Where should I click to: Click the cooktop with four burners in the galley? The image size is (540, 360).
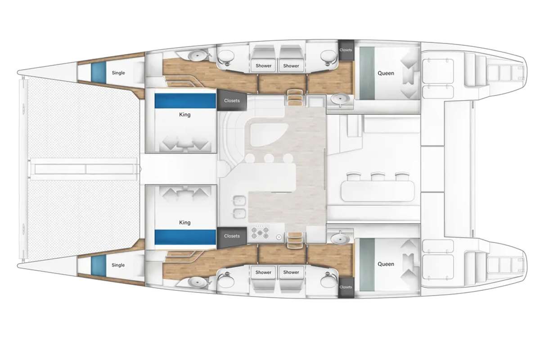(260, 233)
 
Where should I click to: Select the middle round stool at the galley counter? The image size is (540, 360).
(269, 158)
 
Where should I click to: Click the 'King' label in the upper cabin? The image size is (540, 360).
(184, 115)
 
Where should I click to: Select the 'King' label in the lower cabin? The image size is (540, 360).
(184, 222)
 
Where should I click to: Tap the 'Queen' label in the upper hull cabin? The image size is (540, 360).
(386, 73)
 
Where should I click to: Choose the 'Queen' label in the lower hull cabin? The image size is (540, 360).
(386, 264)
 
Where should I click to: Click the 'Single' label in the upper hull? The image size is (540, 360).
(118, 73)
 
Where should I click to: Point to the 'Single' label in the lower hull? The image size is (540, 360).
(118, 265)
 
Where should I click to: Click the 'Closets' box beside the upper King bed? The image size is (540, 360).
(232, 101)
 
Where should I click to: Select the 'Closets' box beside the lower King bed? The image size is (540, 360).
(232, 236)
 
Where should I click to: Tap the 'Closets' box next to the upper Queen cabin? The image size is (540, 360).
(346, 50)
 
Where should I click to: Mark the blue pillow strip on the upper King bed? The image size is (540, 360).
(184, 100)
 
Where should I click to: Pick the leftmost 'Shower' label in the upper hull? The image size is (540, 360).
(264, 66)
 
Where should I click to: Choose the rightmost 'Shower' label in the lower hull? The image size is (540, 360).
(291, 272)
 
